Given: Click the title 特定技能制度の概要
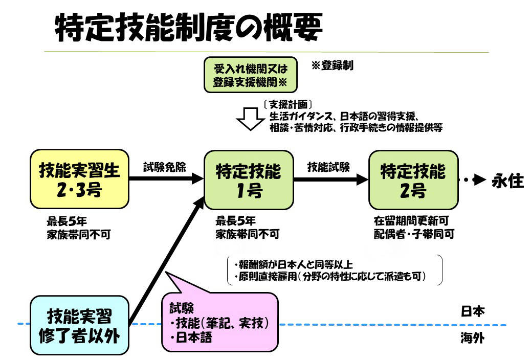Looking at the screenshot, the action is pos(189,28).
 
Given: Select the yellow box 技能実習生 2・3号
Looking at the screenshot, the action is pos(79,179).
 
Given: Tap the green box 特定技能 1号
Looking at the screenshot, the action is pos(249,180).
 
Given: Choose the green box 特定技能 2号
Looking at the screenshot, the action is pos(413,180).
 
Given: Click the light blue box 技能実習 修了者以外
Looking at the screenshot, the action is pos(79,326).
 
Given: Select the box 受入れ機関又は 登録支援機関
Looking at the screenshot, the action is pos(250,75).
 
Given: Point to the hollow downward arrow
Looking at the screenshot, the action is pos(250,119).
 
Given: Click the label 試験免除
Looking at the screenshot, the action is pos(165,167).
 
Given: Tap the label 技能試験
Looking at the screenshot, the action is pos(328,167).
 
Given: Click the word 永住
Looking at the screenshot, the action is pos(507,181).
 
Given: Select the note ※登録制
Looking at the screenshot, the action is pos(332,65).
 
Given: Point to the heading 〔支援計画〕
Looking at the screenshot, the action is pos(287,104).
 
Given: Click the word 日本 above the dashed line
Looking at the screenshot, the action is pos(473,311).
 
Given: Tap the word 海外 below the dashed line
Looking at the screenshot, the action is pos(473,338).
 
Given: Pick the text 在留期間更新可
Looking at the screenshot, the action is pos(411,221).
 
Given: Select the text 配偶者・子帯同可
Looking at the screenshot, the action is pos(414,234).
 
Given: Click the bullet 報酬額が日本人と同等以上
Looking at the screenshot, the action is pos(294,264).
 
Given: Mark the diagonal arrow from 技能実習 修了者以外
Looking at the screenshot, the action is pos(167,261).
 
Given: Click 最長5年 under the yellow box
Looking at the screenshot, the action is pos(67,221).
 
